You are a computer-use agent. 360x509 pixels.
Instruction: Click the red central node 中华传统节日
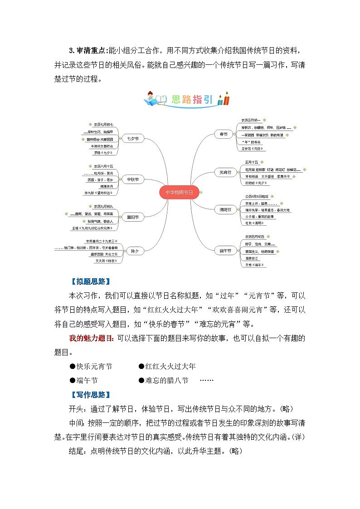click(x=179, y=192)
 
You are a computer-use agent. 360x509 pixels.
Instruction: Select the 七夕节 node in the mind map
click(x=133, y=138)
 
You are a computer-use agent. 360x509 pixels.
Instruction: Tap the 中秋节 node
click(x=133, y=179)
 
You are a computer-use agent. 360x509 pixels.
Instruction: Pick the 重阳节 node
click(x=133, y=218)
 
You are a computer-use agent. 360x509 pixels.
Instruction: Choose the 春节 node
click(x=224, y=134)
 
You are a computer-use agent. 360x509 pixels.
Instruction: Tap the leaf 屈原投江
click(x=252, y=257)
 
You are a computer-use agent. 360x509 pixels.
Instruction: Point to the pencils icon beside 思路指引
click(x=223, y=99)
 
